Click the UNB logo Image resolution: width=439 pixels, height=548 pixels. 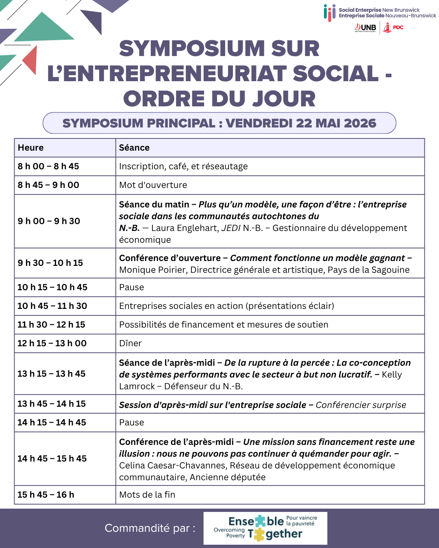tap(366, 28)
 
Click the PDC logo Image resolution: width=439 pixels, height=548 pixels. tap(393, 28)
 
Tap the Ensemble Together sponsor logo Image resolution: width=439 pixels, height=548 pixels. tap(265, 528)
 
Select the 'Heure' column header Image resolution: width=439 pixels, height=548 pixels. tap(31, 148)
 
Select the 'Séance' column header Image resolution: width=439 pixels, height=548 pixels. tap(134, 148)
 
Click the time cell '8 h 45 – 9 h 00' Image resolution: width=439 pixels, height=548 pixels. tap(48, 185)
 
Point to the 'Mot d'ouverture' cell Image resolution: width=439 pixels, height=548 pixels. tap(153, 185)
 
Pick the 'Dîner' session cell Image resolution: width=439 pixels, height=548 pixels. tap(130, 343)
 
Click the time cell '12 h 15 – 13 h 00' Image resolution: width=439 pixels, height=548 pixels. tap(52, 343)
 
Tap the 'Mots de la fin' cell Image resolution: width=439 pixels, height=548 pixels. tap(147, 495)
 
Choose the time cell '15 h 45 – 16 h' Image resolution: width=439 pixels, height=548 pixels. tap(46, 495)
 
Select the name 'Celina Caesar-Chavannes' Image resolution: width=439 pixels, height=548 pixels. tap(172, 466)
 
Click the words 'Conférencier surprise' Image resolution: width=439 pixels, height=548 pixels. tap(361, 405)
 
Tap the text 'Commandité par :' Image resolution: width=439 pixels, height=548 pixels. tap(150, 528)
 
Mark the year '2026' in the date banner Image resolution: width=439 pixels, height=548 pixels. tap(360, 123)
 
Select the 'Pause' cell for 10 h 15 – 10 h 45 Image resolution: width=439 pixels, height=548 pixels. tap(132, 287)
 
